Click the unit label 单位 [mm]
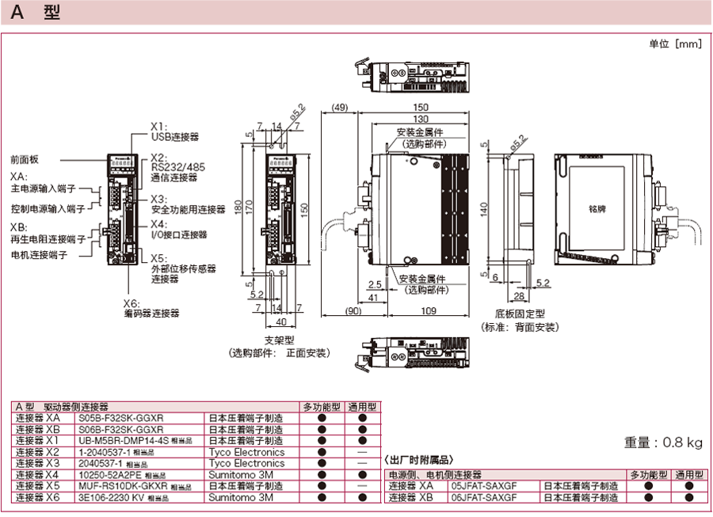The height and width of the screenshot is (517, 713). tap(675, 44)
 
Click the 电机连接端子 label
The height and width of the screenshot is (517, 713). tap(39, 255)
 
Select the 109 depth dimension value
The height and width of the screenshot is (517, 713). tap(429, 311)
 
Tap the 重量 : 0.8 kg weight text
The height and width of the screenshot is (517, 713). tap(664, 442)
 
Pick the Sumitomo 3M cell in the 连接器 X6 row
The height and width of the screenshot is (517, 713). tap(241, 498)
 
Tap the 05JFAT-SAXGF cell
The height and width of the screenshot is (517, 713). tap(484, 486)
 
